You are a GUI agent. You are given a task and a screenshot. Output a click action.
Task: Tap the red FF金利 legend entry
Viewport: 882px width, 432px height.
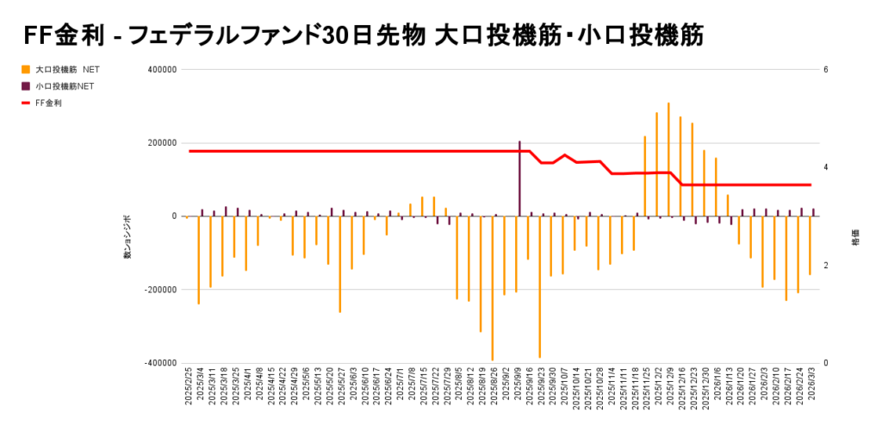[x=47, y=103]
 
